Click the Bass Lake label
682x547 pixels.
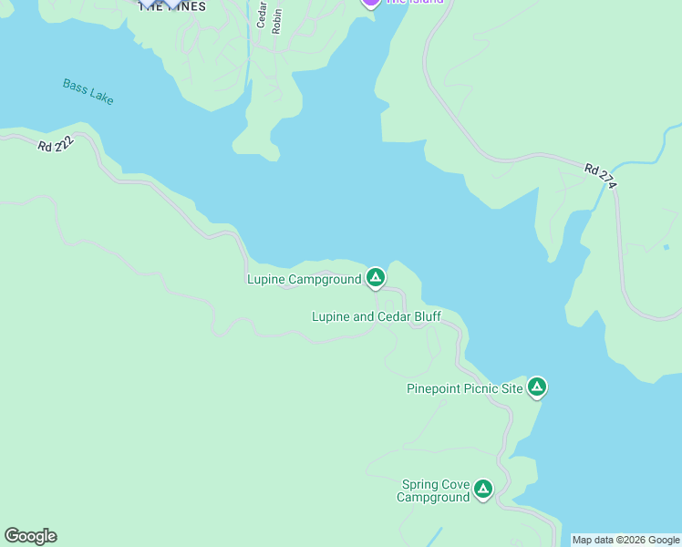coord(88,91)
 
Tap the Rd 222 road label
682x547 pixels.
coord(56,145)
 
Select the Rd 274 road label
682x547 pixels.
coord(602,176)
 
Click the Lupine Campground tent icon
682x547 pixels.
coord(375,277)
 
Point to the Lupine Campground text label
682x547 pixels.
coord(304,279)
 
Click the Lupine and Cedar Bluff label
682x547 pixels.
coord(376,316)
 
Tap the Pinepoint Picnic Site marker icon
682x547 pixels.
coord(537,387)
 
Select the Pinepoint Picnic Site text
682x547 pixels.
coord(464,389)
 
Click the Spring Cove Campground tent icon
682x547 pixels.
coord(482,490)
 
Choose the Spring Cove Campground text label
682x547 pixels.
coord(434,491)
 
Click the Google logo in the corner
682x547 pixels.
coord(30,536)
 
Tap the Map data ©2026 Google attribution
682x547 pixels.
coord(625,540)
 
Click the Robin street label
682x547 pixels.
coord(276,19)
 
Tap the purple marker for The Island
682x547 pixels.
coord(370,3)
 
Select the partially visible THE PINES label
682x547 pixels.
coord(172,5)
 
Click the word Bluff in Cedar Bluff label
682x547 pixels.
coord(424,316)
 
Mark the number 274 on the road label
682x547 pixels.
coord(608,181)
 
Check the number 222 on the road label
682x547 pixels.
coord(62,146)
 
